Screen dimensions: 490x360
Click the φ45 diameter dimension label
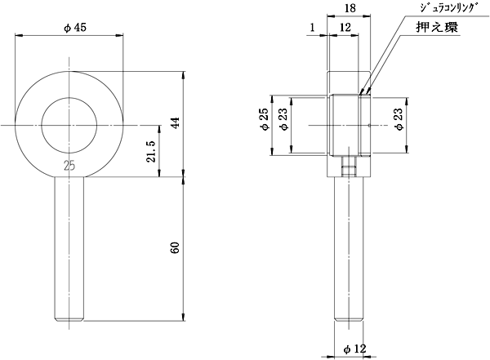pyautogui.click(x=74, y=28)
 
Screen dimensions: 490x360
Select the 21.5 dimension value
pyautogui.click(x=151, y=152)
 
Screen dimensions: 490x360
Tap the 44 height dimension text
pyautogui.click(x=176, y=122)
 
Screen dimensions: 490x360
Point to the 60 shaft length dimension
pyautogui.click(x=176, y=247)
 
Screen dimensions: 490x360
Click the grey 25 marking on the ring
pyautogui.click(x=69, y=166)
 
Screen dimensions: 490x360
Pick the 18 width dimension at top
pyautogui.click(x=350, y=8)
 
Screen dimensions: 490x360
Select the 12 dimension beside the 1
pyautogui.click(x=345, y=28)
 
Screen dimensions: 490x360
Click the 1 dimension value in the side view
pyautogui.click(x=313, y=28)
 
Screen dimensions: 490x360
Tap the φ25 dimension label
pyautogui.click(x=265, y=119)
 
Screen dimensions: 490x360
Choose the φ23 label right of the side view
pyautogui.click(x=399, y=119)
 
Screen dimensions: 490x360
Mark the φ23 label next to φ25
pyautogui.click(x=284, y=119)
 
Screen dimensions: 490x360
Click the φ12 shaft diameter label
pyautogui.click(x=354, y=349)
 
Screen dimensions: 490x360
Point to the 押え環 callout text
pyautogui.click(x=437, y=28)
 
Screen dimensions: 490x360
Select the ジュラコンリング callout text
pyautogui.click(x=449, y=8)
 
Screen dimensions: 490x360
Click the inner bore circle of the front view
pyautogui.click(x=69, y=97)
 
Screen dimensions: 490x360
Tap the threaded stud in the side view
pyautogui.click(x=349, y=167)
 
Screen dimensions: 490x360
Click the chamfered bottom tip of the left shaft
pyautogui.click(x=69, y=319)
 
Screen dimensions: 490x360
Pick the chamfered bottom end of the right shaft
pyautogui.click(x=349, y=319)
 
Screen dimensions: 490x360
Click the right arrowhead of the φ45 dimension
pyautogui.click(x=119, y=34)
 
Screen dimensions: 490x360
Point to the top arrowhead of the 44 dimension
pyautogui.click(x=184, y=76)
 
